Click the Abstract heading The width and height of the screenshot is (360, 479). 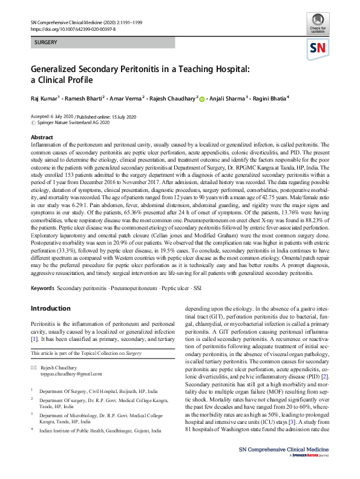(x=42, y=138)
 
